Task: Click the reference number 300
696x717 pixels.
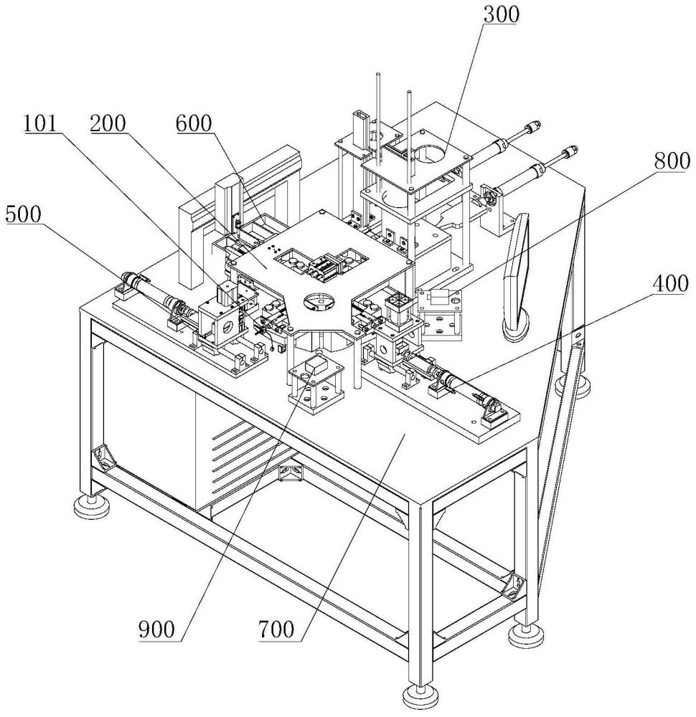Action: pos(502,14)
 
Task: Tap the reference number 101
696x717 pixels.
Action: pos(41,123)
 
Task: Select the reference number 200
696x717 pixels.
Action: pos(108,123)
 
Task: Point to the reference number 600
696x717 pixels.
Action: pos(194,123)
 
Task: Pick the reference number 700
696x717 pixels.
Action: pos(276,630)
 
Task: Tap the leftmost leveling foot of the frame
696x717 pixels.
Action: pos(90,505)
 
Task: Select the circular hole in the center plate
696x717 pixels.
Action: pos(319,303)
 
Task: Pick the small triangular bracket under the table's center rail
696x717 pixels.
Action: pos(290,473)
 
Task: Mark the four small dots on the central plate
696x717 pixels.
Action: pos(273,249)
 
